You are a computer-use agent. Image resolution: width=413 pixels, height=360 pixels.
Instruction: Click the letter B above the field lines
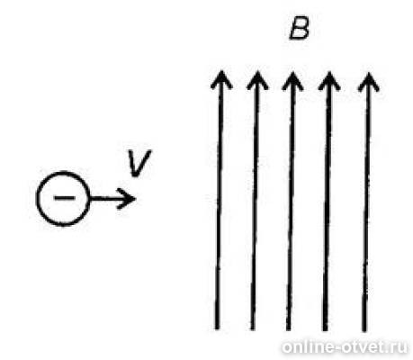click(x=299, y=30)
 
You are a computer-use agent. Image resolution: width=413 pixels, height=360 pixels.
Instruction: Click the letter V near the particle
click(x=139, y=163)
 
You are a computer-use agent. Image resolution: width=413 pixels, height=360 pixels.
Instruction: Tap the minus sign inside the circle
click(x=64, y=198)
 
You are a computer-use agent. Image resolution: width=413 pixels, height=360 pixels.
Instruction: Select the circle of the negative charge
click(x=37, y=198)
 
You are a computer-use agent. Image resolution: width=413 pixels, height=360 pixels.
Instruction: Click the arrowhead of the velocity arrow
click(x=128, y=199)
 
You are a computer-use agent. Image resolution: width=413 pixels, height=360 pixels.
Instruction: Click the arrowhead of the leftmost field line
click(x=221, y=79)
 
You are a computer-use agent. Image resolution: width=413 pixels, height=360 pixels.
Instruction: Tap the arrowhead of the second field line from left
click(x=257, y=79)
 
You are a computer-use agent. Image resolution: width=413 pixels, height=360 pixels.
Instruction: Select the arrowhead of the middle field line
click(x=292, y=80)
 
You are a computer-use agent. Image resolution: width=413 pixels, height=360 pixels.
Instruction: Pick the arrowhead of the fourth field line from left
click(x=329, y=80)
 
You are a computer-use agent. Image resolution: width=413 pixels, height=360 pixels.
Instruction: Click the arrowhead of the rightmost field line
click(x=368, y=81)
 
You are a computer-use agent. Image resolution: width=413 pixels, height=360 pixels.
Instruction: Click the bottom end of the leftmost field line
click(x=218, y=328)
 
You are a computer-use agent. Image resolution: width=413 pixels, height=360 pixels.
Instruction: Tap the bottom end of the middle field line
click(x=289, y=329)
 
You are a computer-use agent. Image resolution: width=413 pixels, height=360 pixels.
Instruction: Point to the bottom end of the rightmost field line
click(x=364, y=330)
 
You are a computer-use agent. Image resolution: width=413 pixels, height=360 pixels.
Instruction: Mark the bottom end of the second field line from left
click(x=253, y=329)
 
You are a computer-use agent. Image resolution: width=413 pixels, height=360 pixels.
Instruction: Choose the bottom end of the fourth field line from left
click(x=325, y=329)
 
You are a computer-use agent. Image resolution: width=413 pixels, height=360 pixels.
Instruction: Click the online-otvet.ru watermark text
click(x=345, y=347)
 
